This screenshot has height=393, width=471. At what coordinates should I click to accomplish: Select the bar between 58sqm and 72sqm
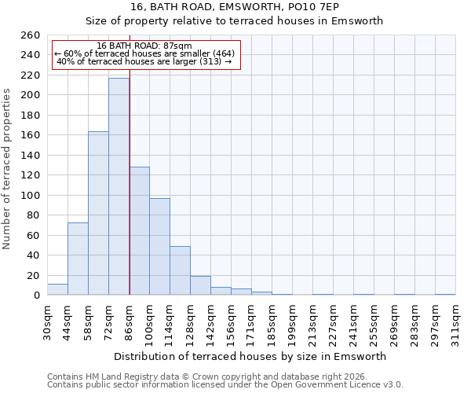(98, 213)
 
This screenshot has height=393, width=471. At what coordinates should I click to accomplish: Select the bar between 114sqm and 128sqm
(180, 270)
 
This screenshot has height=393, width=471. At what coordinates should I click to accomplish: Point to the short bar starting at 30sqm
(57, 289)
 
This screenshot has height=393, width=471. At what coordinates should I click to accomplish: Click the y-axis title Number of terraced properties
(8, 168)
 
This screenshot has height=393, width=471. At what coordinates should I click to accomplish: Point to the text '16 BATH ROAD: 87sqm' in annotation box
(144, 46)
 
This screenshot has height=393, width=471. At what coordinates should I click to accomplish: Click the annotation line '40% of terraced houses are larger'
(144, 62)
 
